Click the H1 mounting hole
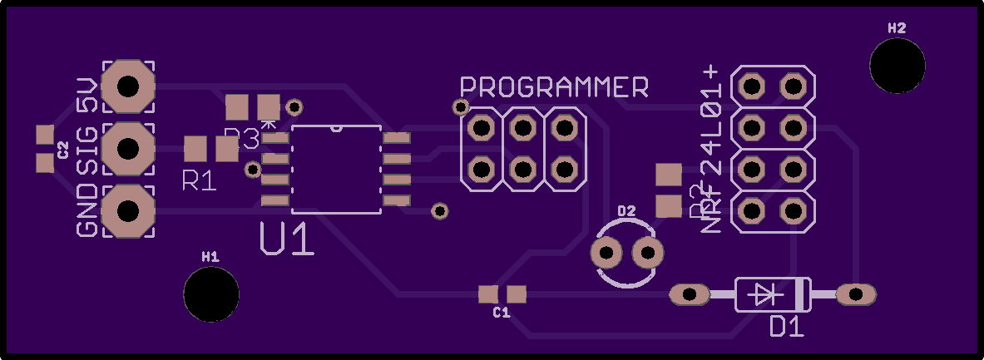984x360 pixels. click(211, 293)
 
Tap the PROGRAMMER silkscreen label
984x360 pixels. click(555, 86)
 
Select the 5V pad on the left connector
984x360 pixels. click(127, 86)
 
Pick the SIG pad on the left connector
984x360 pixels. click(127, 148)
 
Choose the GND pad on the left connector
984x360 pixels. click(127, 211)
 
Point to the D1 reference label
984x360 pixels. click(786, 327)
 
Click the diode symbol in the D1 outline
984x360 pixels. click(764, 293)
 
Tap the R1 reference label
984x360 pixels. click(200, 180)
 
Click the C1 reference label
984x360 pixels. click(501, 313)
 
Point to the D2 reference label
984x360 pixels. click(626, 211)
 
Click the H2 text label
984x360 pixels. click(897, 27)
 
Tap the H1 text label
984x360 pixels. click(210, 256)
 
